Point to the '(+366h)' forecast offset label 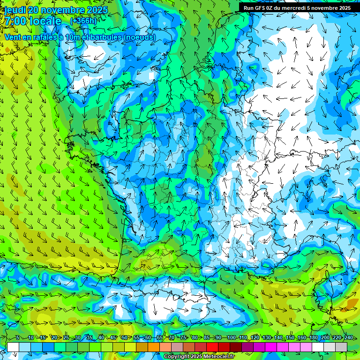click(83, 21)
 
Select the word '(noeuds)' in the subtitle click(139, 37)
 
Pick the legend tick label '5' click(17, 338)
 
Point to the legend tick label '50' click(124, 338)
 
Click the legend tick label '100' click(231, 338)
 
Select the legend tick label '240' click(348, 338)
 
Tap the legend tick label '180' click(313, 338)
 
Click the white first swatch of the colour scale click(13, 347)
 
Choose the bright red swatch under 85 click(212, 347)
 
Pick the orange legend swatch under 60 click(154, 347)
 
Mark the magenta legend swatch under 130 click(271, 347)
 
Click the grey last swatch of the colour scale click(341, 347)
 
